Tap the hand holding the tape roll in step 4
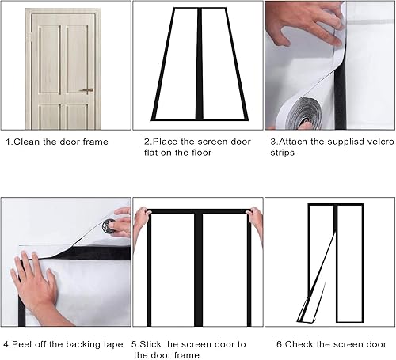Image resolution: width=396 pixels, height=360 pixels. (x=120, y=224)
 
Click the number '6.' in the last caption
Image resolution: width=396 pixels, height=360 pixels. (x=280, y=343)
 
